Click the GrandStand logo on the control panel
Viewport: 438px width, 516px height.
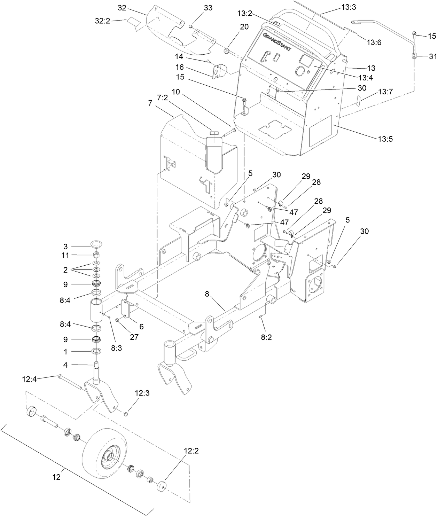click(x=279, y=41)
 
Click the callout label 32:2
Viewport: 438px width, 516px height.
click(x=102, y=21)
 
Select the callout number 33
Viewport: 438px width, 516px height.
click(x=208, y=8)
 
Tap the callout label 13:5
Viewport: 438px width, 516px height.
click(x=385, y=139)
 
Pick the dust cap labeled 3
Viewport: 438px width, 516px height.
click(x=96, y=243)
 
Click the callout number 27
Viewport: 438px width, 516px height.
click(x=134, y=337)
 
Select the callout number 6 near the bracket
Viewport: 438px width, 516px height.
click(x=141, y=327)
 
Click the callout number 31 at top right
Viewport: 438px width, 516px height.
click(x=432, y=56)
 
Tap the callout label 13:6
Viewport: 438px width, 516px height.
click(x=374, y=42)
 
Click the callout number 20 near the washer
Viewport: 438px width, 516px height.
click(x=244, y=26)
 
